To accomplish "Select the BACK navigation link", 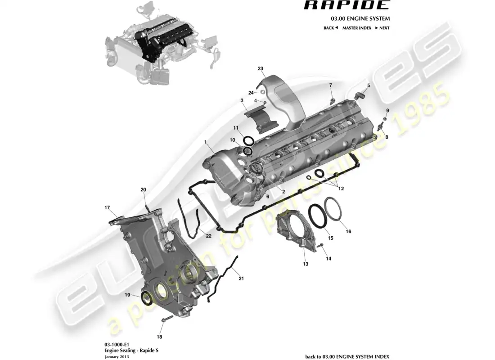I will (x=330, y=28).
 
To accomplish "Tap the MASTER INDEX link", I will (x=356, y=28).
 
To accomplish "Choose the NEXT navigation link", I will (x=382, y=28).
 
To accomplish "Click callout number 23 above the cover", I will (x=260, y=68).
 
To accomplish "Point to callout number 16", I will (x=348, y=232).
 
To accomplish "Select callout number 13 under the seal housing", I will (x=306, y=264).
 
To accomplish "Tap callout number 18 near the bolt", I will (x=159, y=337).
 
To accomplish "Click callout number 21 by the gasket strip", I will (x=241, y=279).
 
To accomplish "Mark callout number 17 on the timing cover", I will (x=108, y=208).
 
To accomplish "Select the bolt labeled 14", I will (x=320, y=246).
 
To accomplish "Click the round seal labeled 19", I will (x=147, y=298).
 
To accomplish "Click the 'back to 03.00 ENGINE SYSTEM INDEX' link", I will (x=347, y=356).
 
